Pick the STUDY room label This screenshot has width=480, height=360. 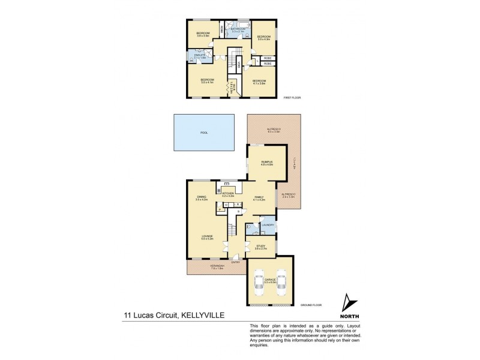260,245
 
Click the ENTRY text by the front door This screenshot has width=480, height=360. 235,262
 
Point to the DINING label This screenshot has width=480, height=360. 201,196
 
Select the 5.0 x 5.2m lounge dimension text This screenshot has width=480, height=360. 208,239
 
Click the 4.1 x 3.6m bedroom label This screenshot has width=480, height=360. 259,83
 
